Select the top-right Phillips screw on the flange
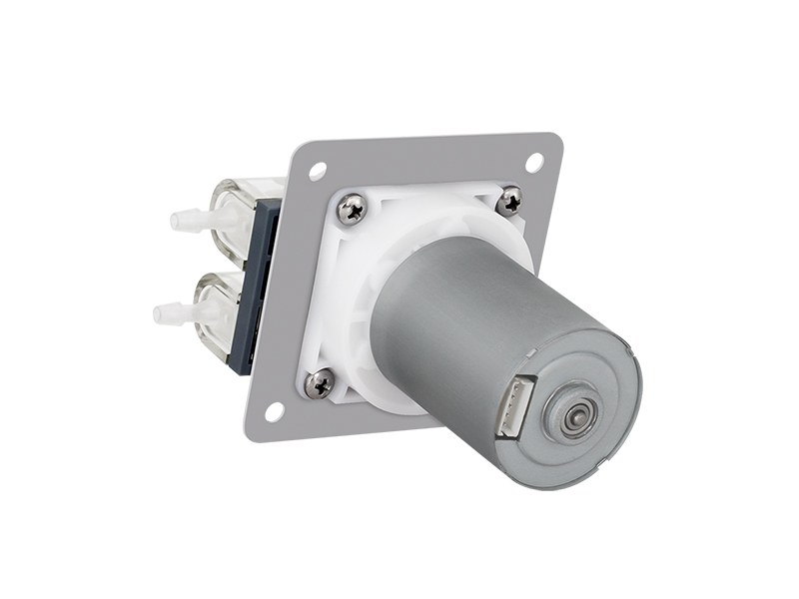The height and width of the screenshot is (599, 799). tap(509, 201)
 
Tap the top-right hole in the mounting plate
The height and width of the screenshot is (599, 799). tap(534, 160)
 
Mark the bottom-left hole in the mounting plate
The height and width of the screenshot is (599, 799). tap(274, 409)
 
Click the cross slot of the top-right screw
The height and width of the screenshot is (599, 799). tap(509, 201)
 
